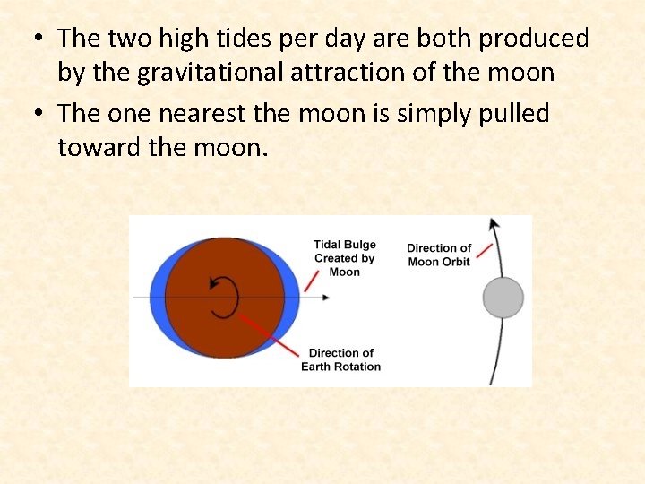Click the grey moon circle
(503, 298)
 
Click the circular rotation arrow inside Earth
(224, 297)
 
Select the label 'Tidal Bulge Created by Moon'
(345, 258)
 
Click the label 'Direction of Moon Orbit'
(439, 255)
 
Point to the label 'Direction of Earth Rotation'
(340, 359)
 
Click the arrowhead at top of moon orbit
(492, 224)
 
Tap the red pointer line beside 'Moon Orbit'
(484, 250)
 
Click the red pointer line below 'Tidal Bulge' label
(313, 279)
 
